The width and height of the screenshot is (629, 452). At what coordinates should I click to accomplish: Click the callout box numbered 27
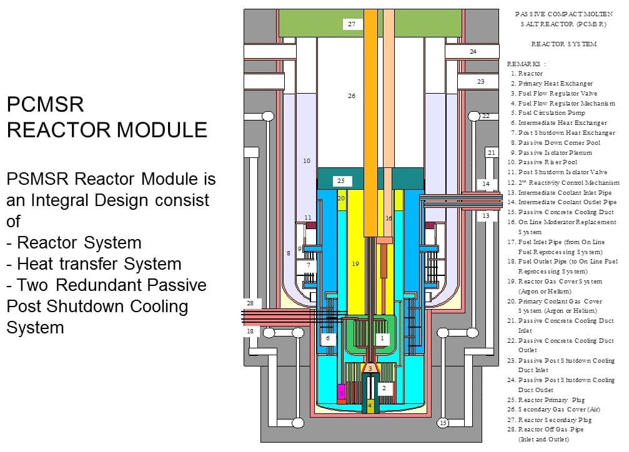pos(352,24)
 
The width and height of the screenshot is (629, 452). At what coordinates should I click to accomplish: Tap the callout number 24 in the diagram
pos(473,51)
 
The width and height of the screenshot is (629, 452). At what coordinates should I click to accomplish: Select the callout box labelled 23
pos(480,81)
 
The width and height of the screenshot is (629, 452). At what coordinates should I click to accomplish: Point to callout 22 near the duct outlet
pos(485,116)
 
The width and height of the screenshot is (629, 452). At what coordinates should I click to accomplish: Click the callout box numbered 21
pos(491,152)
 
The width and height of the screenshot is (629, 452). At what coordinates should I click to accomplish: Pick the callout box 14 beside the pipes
pos(486,184)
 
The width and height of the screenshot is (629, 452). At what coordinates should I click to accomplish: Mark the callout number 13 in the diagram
pos(486,215)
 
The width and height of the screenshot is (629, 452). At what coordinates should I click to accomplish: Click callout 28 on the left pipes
pos(250,303)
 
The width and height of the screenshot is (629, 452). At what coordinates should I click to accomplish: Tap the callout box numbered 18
pos(250,331)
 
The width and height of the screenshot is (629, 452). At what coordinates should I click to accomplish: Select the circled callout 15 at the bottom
pos(443,423)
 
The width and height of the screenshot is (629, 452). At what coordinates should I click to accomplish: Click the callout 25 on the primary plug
pos(340,181)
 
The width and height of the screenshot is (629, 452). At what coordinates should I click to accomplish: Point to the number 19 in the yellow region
pos(355,264)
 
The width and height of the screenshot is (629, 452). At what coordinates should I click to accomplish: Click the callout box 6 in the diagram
pos(327,338)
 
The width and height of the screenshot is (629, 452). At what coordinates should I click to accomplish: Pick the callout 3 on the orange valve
pos(370,368)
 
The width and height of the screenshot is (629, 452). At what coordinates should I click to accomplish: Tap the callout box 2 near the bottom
pos(384,388)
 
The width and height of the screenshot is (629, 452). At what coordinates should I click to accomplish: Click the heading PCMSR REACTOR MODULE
pos(107,117)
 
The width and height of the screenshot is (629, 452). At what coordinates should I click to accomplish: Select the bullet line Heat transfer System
pos(99,264)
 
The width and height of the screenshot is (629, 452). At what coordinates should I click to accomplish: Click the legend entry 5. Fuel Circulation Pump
pos(551,113)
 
